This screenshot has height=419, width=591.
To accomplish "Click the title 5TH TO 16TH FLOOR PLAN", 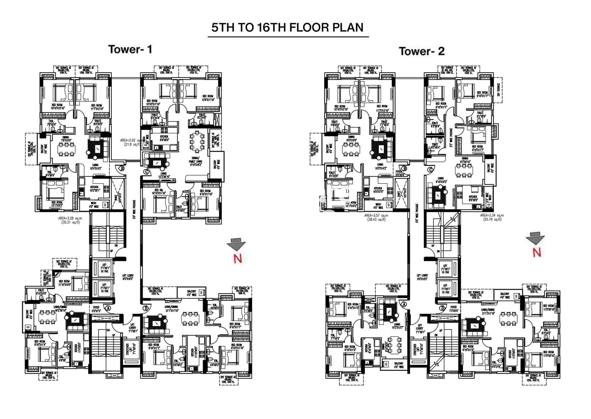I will [287, 27].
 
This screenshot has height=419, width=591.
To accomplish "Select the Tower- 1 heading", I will [130, 49].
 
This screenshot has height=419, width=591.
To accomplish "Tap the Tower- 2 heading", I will [421, 51].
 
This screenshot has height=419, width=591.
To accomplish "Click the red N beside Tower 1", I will [238, 259].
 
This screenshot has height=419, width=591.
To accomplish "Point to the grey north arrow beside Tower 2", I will [535, 240].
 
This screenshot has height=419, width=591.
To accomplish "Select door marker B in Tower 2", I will [405, 168].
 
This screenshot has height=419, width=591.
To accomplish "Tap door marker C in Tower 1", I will [146, 171].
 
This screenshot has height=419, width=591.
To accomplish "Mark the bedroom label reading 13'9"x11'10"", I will [208, 98].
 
